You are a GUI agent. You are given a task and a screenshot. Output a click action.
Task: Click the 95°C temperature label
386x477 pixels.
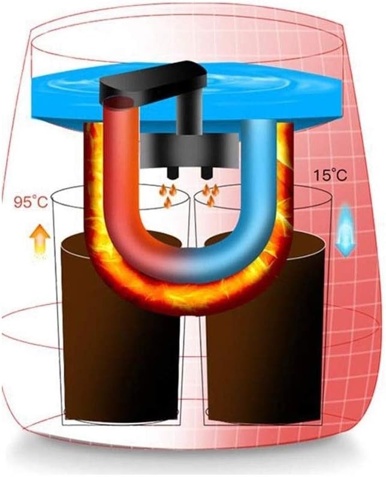click(31, 202)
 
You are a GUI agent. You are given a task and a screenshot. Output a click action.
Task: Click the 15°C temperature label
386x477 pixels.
click(330, 176)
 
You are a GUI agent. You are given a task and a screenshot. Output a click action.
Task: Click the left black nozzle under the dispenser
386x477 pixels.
click(173, 173)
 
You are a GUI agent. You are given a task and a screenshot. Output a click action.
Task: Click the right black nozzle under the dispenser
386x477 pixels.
click(207, 173)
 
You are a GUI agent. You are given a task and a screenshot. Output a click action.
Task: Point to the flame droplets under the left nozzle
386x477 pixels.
click(168, 195)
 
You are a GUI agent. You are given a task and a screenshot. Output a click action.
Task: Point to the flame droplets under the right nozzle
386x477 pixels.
click(211, 195)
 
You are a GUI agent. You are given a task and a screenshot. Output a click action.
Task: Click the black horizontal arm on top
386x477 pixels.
click(153, 82)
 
